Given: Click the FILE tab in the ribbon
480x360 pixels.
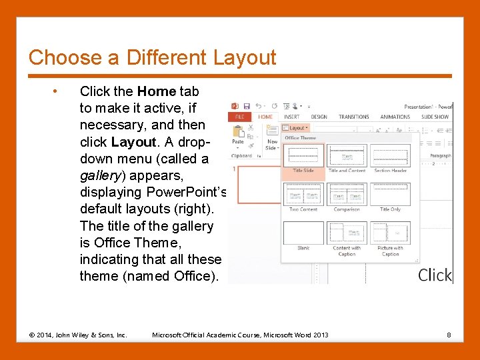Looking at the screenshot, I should coord(239,117).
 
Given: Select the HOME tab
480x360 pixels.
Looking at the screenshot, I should coord(265,117).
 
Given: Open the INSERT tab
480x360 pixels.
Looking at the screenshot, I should coord(292,117).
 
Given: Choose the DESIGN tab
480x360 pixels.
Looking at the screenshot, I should coord(319,117).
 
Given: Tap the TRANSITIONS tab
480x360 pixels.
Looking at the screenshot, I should coord(354,117).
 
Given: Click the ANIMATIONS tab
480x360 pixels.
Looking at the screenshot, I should coord(395,117).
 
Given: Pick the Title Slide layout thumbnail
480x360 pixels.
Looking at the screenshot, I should coord(303,155).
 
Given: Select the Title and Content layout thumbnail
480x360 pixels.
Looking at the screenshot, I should coord(347,155).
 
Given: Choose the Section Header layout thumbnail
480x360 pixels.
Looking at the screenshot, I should coord(391,155).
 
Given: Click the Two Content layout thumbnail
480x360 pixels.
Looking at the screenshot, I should coord(303,195).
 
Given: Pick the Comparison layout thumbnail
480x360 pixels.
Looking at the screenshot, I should coord(347,195).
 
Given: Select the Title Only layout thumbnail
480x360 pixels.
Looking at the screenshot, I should coord(391,195).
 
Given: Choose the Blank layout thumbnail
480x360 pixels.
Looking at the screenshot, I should coord(303,233).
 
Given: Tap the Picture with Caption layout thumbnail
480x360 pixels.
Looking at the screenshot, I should coord(391,233).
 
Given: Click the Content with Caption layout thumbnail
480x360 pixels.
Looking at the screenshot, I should coord(347,233).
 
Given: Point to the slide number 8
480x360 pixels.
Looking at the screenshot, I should coord(449,335).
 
